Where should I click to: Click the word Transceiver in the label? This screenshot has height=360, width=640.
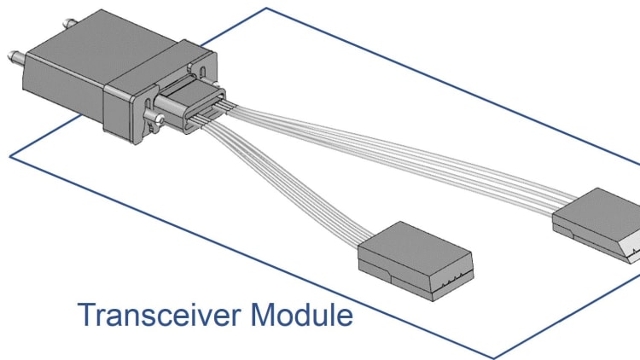(x=162, y=316)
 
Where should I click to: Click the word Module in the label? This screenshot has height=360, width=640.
(x=303, y=316)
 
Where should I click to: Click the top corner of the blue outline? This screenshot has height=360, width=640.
(x=268, y=9)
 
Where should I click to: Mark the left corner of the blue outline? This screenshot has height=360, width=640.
(x=10, y=155)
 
